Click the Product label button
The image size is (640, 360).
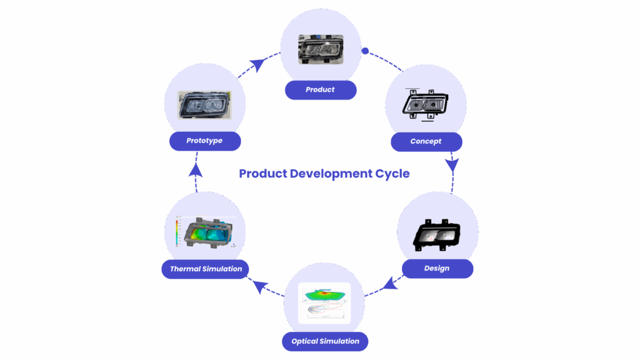click(x=320, y=90)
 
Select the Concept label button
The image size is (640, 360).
click(x=426, y=142)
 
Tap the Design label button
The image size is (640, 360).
click(x=436, y=269)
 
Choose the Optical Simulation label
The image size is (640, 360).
click(x=325, y=341)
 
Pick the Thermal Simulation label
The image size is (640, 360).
click(x=206, y=269)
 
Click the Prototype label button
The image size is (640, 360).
click(x=204, y=141)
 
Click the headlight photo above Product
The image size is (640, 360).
click(x=321, y=49)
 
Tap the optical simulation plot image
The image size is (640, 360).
click(x=324, y=303)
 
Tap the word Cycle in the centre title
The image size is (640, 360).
click(x=392, y=173)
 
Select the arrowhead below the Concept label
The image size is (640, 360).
click(x=452, y=164)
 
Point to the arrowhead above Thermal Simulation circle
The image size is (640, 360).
click(x=196, y=171)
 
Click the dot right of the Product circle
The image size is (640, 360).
click(x=366, y=51)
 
